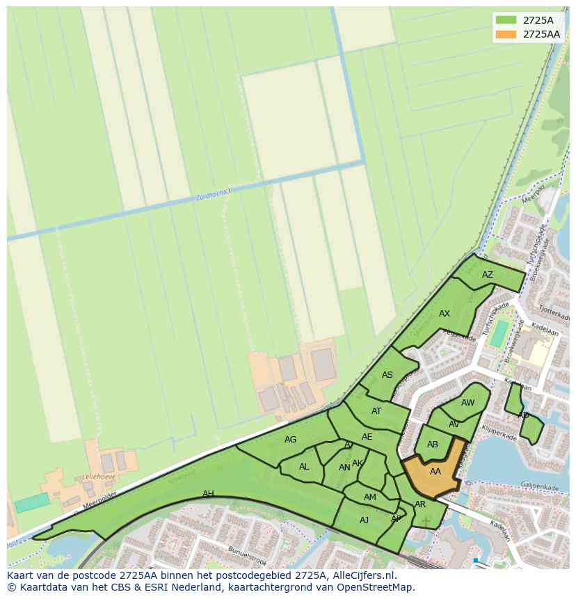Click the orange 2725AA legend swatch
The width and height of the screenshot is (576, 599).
click(x=506, y=34)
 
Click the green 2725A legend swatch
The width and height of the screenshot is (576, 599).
click(x=506, y=19)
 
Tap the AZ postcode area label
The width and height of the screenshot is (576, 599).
click(x=488, y=275)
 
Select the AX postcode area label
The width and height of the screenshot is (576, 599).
click(x=445, y=314)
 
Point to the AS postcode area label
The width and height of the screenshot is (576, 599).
click(x=387, y=375)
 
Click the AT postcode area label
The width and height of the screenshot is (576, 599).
click(x=376, y=411)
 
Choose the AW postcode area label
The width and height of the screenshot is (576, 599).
click(x=468, y=403)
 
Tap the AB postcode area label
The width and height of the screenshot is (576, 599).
click(x=433, y=445)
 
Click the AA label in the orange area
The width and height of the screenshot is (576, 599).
click(x=435, y=472)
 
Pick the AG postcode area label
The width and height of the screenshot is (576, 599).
click(x=291, y=440)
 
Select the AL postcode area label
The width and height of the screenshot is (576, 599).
click(x=304, y=467)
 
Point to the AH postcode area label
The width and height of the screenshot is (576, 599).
click(x=208, y=494)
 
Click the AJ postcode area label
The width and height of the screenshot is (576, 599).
click(x=365, y=520)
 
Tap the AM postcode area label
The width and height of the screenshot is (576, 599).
click(x=370, y=497)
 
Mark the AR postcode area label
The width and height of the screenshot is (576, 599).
click(x=420, y=504)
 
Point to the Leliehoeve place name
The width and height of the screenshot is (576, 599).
click(x=98, y=477)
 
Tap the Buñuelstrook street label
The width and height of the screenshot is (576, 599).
click(x=247, y=556)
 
